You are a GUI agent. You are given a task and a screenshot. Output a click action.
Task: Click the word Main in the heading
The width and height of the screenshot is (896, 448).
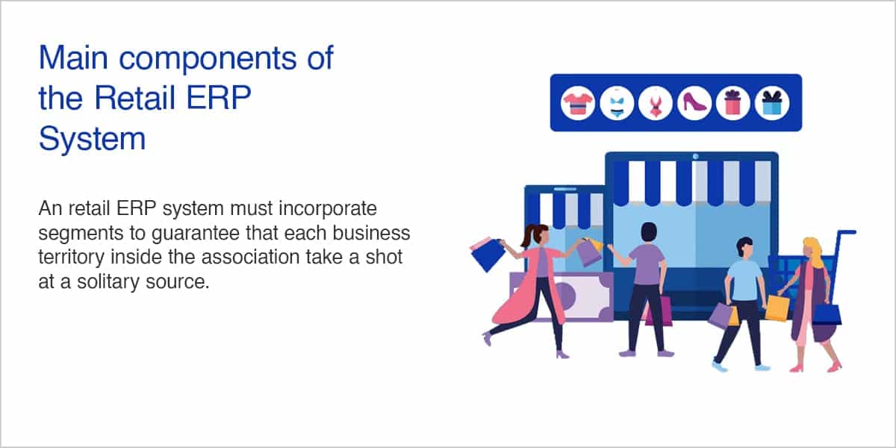tap(73, 58)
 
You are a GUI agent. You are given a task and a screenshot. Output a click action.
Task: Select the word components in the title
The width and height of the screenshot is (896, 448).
tap(208, 60)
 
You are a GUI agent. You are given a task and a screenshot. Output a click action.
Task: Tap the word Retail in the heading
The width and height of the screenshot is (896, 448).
tap(135, 98)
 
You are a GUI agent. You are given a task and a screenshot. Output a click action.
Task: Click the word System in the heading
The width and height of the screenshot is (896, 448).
tap(92, 140)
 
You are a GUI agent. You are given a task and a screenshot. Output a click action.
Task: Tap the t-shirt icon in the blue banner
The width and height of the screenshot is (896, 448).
tap(577, 103)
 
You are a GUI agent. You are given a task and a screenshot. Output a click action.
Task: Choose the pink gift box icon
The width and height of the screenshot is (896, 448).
tap(733, 103)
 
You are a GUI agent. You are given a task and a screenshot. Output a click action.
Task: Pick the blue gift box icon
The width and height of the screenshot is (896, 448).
tap(772, 103)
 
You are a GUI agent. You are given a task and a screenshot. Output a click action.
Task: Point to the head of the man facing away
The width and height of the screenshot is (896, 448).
tap(648, 232)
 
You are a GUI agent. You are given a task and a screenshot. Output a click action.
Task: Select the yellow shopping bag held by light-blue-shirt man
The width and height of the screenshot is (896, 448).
tap(777, 308)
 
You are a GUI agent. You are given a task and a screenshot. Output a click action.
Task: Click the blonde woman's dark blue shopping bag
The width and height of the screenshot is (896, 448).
tap(827, 315)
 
